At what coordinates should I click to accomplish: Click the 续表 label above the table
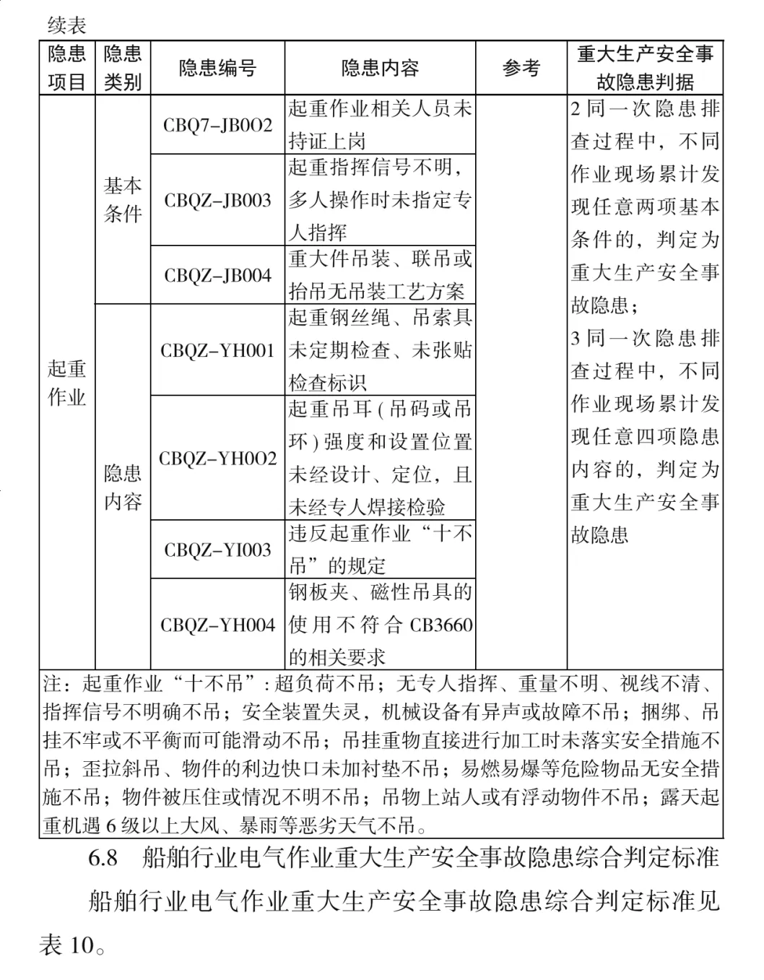tap(66, 26)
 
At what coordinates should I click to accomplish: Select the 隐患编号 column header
tap(217, 69)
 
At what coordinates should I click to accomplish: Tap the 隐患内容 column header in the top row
tap(380, 69)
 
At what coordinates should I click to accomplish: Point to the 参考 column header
tap(521, 69)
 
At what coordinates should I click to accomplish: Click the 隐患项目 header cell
tap(66, 68)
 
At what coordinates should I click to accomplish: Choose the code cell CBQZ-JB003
tap(217, 200)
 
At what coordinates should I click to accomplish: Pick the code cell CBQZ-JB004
tap(217, 275)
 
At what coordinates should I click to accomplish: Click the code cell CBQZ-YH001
tap(217, 350)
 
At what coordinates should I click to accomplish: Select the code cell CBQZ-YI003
tap(217, 550)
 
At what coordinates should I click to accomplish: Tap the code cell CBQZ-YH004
tap(217, 625)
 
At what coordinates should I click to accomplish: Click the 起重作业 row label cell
tap(66, 383)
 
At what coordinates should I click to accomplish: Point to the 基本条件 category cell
tap(123, 199)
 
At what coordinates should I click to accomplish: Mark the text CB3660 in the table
tap(441, 625)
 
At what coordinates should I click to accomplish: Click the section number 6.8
tap(103, 858)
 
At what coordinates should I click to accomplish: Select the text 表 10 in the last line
tap(68, 945)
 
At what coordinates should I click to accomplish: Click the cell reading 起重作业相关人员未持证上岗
tap(380, 124)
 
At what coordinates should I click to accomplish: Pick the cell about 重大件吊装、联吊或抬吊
tap(380, 275)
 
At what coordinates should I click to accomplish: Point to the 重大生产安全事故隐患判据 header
tap(645, 68)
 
